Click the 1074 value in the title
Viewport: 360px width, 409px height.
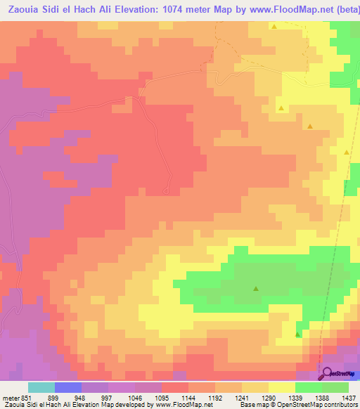click(172, 7)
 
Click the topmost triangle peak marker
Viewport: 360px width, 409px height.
click(274, 27)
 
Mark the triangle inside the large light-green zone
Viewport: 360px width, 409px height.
click(256, 288)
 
